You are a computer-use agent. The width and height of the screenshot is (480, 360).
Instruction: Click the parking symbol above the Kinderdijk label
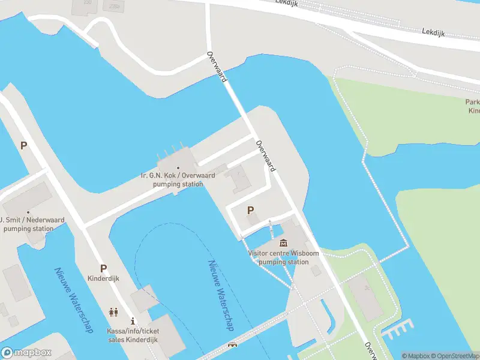[103, 269]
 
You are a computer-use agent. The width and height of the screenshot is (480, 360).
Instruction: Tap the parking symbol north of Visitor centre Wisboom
[251, 210]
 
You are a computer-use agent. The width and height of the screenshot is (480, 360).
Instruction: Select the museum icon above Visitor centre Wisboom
[283, 243]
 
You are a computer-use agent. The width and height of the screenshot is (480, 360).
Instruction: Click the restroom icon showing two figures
[113, 312]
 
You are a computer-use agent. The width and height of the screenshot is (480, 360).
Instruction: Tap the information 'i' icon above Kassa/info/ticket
[133, 322]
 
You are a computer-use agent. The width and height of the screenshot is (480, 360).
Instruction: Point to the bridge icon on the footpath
[232, 346]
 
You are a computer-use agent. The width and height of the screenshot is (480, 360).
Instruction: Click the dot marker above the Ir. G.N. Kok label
[178, 167]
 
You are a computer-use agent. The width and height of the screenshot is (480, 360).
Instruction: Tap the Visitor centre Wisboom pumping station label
[284, 257]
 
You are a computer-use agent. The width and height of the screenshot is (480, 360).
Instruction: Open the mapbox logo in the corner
[26, 353]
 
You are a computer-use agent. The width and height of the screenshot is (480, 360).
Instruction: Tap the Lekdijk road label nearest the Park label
[433, 32]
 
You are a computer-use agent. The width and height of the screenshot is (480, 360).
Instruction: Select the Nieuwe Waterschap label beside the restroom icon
[73, 299]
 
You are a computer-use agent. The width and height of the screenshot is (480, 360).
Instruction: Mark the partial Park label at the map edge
[473, 106]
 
